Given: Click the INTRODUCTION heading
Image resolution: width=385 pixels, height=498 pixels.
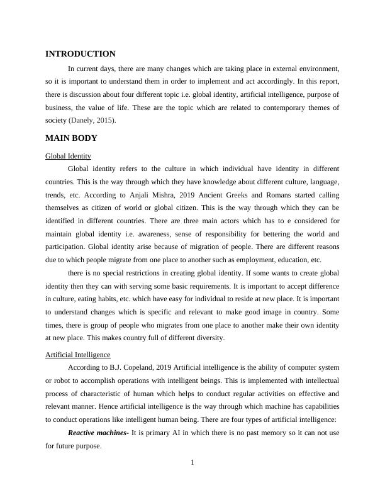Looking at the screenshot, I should coord(81,54).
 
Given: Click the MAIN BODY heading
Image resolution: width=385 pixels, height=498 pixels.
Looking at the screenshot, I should coord(71,138).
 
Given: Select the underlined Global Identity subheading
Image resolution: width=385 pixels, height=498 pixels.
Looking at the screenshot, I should coord(68,156).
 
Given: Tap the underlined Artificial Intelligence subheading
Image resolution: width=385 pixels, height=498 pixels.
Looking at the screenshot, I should coord(78,355).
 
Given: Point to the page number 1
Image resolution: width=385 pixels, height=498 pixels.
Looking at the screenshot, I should coord(192,463).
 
